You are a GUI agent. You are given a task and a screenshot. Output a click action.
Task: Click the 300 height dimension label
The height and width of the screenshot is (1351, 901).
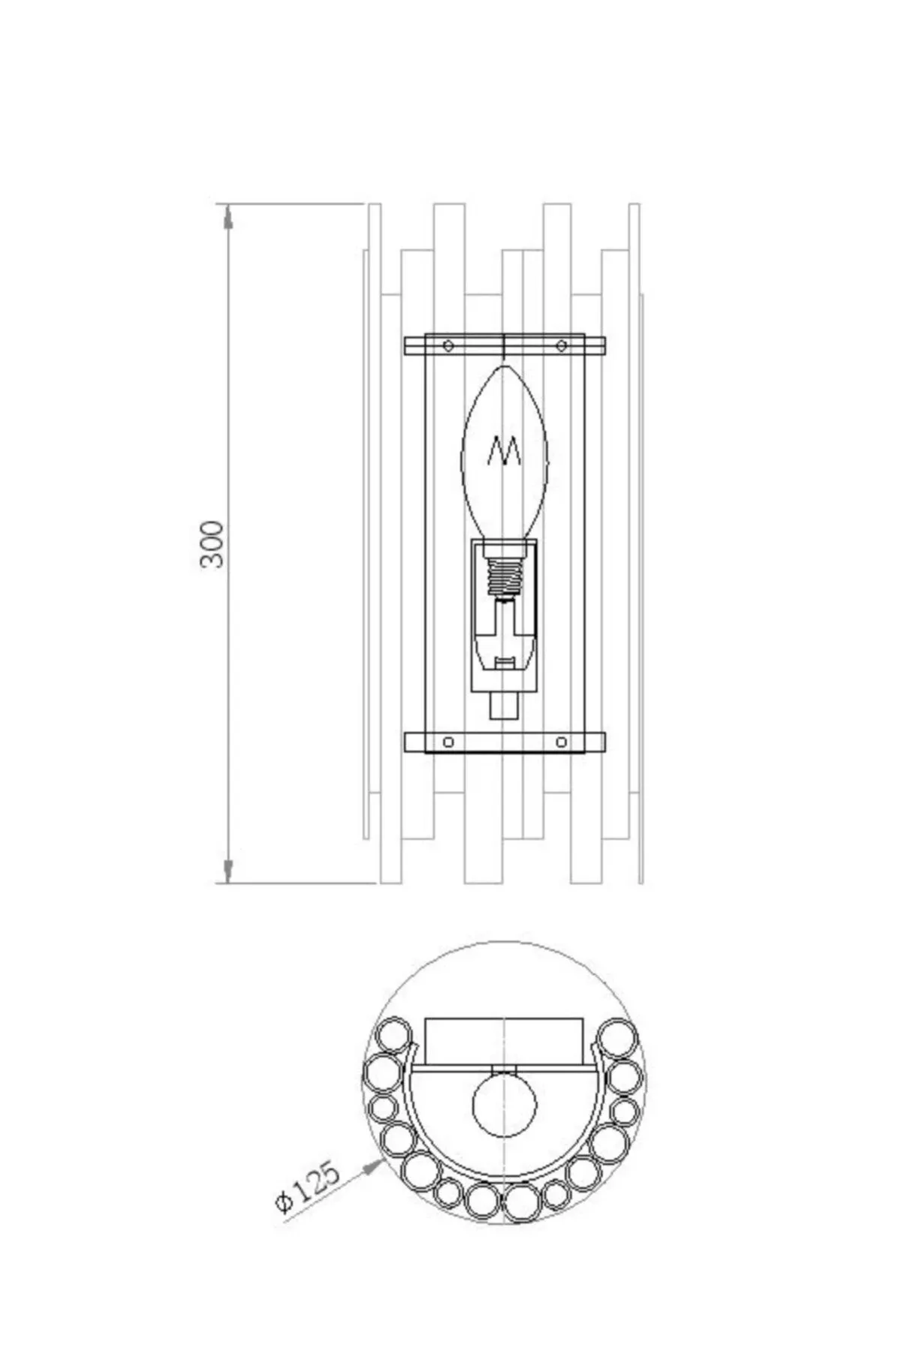213,543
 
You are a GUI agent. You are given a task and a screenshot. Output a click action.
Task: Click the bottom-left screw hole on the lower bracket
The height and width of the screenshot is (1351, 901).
448,742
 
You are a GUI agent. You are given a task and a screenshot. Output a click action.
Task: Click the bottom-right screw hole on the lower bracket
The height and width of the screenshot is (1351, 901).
562,742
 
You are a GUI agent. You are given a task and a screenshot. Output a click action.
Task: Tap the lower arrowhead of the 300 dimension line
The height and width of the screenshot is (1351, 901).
228,871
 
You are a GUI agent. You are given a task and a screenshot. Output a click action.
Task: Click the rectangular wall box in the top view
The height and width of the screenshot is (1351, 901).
505,1040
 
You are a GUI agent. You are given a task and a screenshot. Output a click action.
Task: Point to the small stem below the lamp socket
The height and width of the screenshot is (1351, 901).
505,705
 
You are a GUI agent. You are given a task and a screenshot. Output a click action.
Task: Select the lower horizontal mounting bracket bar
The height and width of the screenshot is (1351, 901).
505,742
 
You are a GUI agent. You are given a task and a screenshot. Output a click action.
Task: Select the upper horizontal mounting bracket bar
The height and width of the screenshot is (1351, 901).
505,346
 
